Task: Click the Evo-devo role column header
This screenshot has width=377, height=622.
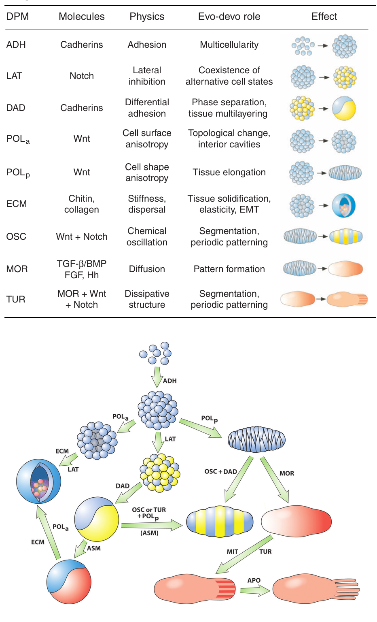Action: click(x=229, y=17)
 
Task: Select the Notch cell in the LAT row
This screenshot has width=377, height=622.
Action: click(x=82, y=76)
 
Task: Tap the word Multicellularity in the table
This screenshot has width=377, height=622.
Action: click(x=229, y=45)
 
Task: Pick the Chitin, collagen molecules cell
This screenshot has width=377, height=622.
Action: click(x=82, y=204)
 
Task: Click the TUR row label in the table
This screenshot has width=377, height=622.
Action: click(x=16, y=299)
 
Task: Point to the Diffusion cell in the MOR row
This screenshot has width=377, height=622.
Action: click(x=147, y=269)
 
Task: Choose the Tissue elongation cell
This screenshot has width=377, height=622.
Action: click(x=229, y=172)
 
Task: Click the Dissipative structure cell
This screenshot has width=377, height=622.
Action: click(x=147, y=299)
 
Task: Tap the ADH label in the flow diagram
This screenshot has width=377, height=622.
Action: click(x=170, y=381)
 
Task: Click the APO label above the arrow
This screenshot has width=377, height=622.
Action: click(x=254, y=580)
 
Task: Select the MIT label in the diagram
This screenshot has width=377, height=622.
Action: click(x=233, y=552)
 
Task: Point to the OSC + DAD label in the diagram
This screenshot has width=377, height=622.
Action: click(x=220, y=471)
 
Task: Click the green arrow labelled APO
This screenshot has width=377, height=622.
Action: click(x=255, y=590)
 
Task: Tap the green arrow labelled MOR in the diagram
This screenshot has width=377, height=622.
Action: click(x=275, y=480)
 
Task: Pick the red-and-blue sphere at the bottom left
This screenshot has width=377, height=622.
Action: click(x=69, y=582)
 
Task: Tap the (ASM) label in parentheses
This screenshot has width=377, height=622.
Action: click(x=150, y=533)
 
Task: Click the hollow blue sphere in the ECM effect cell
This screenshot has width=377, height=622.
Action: click(x=343, y=205)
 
